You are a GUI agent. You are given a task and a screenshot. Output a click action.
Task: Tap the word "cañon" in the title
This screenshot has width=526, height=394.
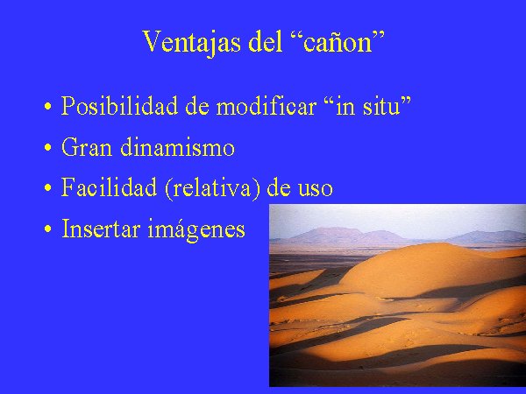click(338, 42)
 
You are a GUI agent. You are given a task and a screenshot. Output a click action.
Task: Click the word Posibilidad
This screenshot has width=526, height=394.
click(119, 106)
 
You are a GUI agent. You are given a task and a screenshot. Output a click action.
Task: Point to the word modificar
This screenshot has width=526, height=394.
click(266, 106)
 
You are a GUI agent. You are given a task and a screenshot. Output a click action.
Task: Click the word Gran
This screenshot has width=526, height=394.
click(87, 147)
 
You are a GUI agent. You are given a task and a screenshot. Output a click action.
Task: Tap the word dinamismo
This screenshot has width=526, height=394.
click(177, 147)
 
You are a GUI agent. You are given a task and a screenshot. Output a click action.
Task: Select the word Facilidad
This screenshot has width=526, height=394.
click(109, 187)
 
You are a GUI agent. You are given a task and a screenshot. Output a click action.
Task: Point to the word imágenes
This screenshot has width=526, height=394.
click(196, 229)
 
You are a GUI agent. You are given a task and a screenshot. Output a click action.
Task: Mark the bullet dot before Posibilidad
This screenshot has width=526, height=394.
click(48, 107)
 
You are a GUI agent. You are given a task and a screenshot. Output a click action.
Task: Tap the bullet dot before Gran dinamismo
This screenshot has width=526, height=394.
click(48, 148)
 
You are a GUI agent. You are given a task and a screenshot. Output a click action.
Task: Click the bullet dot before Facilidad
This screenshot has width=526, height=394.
click(48, 188)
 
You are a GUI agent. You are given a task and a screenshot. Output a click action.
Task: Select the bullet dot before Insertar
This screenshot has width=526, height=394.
click(48, 229)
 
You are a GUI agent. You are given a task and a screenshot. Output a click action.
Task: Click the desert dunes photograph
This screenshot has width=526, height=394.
click(397, 295)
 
